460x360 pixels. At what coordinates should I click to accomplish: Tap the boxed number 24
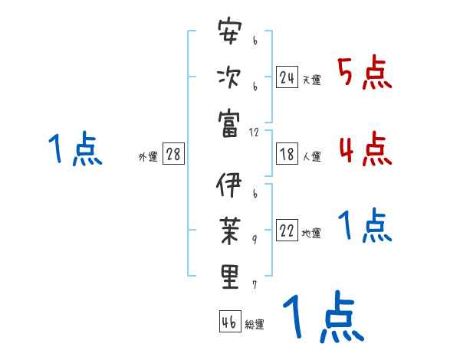[287, 77]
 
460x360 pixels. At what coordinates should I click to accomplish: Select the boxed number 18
[287, 154]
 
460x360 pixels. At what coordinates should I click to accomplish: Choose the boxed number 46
[229, 322]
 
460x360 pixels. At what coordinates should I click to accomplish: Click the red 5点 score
[365, 74]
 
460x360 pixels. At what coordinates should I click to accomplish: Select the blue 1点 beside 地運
[365, 226]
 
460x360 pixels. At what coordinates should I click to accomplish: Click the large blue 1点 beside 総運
[322, 316]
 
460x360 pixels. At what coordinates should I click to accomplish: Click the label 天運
[311, 80]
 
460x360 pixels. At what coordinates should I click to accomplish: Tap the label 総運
[255, 324]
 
